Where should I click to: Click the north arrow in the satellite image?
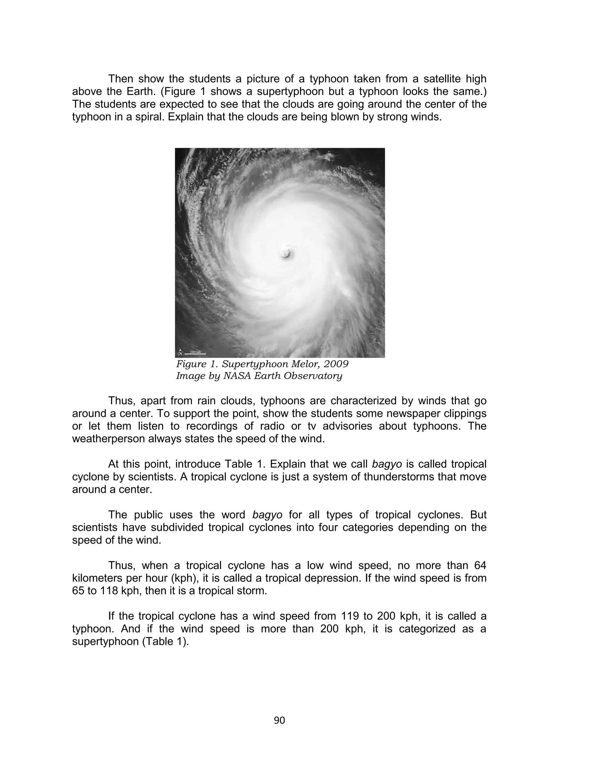point(180,352)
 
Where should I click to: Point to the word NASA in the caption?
point(236,376)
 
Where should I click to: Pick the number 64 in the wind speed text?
point(480,566)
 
